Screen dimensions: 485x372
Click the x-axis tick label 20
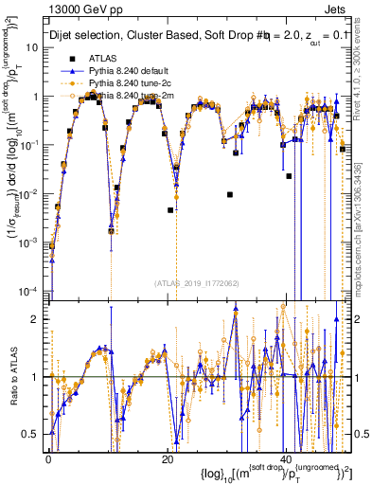coord(168,459)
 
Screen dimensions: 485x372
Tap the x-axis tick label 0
coord(49,459)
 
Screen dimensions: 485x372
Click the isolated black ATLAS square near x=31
coord(230,194)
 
